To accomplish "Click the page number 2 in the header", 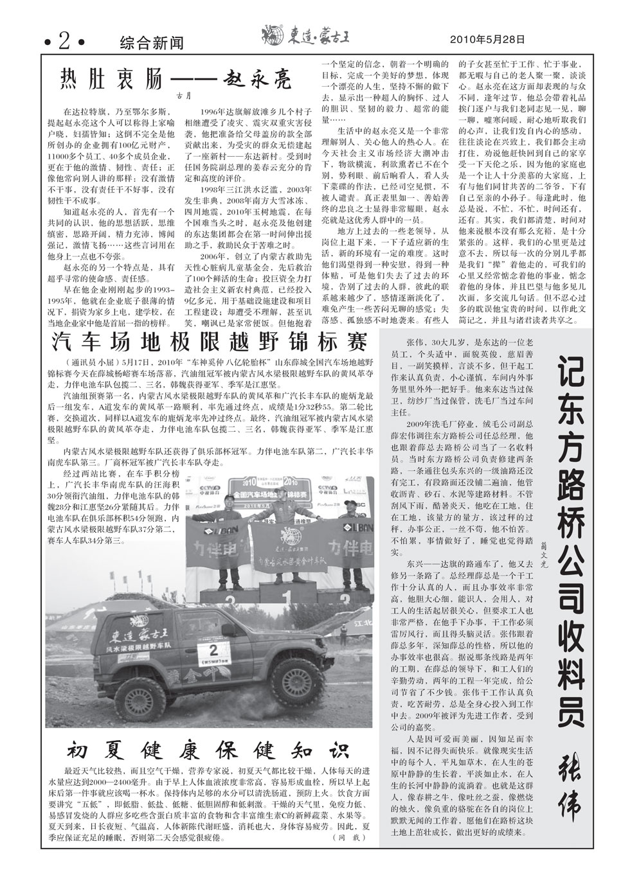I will [x=64, y=42].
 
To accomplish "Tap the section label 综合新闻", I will [x=152, y=43].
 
